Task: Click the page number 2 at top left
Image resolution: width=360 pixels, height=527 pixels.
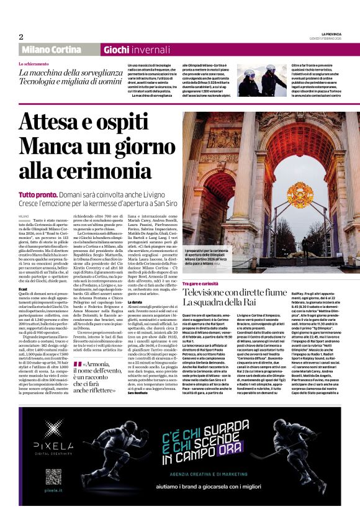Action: pyautogui.click(x=20, y=37)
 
